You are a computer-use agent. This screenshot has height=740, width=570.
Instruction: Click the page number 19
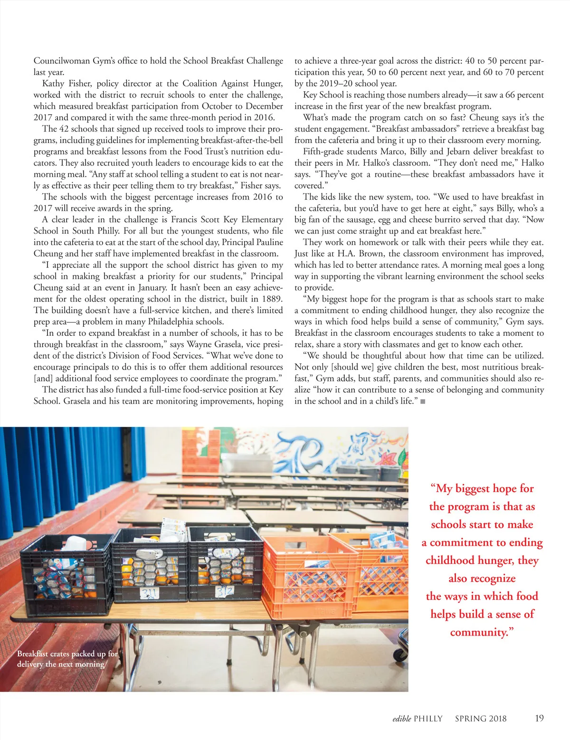[539, 718]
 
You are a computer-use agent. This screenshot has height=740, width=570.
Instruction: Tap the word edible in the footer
[401, 719]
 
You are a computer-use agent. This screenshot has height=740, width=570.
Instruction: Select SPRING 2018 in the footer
[481, 719]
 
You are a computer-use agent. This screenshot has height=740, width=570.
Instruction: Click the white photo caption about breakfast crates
[67, 659]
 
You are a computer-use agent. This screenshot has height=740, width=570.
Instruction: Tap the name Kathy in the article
[53, 84]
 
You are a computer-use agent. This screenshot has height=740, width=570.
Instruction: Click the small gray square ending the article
[423, 401]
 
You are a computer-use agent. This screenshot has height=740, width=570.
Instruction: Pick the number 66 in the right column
[510, 95]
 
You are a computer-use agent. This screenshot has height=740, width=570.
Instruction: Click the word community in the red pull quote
[481, 632]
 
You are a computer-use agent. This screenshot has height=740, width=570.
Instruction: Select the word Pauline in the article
[270, 242]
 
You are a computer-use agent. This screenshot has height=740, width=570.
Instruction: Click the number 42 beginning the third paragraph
[64, 129]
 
